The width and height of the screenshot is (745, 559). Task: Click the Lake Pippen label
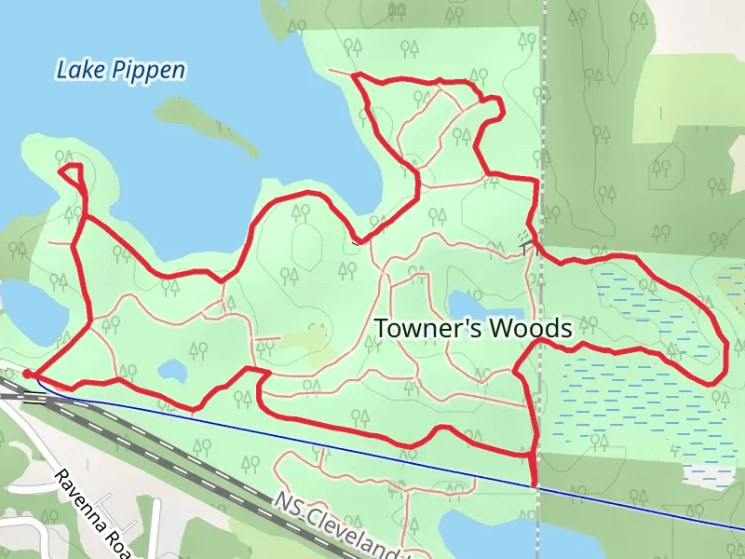[x=120, y=70]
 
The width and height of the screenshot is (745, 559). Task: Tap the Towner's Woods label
[x=472, y=328]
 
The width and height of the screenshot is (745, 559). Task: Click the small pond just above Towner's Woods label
[x=466, y=303]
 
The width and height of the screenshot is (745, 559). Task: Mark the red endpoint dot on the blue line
[x=534, y=484]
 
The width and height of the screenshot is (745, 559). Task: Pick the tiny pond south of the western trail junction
[x=171, y=371]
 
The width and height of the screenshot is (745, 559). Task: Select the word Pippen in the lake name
[x=150, y=70]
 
